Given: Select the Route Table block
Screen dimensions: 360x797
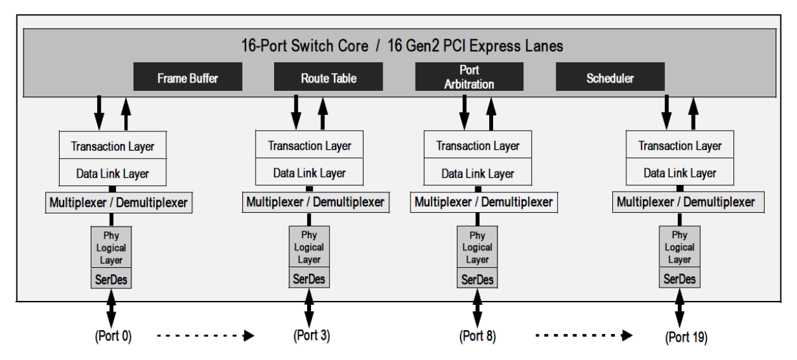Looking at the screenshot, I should (328, 79).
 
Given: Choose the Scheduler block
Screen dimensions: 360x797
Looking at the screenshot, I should (610, 79).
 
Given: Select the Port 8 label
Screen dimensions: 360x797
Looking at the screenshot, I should (478, 335).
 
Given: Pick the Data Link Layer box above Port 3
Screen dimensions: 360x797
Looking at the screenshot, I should (309, 173).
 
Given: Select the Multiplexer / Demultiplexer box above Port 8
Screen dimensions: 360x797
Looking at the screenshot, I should (483, 202).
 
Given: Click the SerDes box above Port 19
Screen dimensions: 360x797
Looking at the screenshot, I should (680, 278).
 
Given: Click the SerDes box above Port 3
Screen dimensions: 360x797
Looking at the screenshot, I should (309, 277).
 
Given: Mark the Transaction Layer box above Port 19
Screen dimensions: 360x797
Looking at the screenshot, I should (680, 146).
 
